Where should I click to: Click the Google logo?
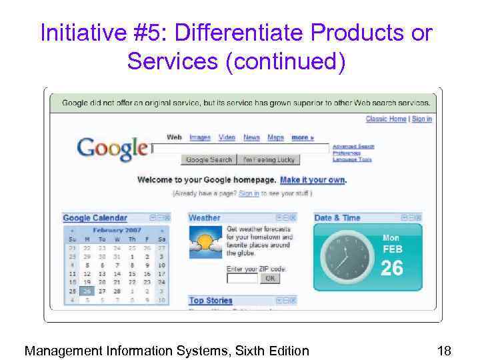111,147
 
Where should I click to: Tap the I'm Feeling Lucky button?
268,160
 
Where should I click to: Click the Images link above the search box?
200,137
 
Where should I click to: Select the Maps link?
275,137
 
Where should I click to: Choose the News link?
251,137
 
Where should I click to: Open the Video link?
227,137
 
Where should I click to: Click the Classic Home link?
386,119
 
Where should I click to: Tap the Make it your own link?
313,180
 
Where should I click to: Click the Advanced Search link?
353,147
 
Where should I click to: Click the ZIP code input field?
242,279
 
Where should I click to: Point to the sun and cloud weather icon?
205,242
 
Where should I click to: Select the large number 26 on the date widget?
392,268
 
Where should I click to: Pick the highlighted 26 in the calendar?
87,291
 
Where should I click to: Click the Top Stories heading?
211,301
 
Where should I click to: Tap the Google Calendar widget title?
95,218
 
